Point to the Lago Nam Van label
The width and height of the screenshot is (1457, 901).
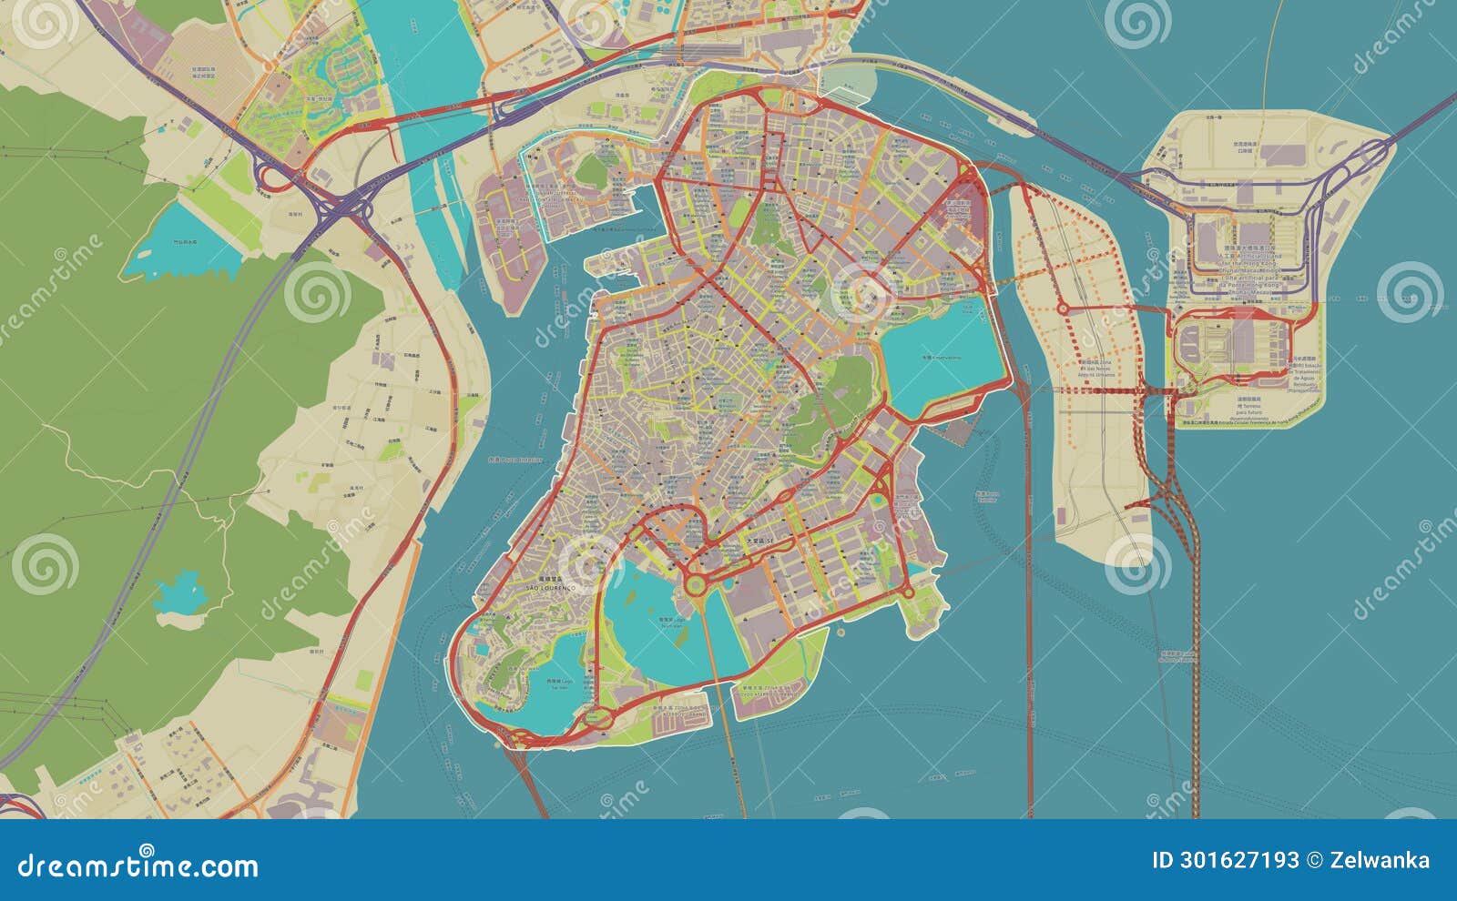pos(670,623)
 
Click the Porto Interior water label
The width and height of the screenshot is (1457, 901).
pos(515,460)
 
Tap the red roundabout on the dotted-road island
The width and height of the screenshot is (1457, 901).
pos(1063,309)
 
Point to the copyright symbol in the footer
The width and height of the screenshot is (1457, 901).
pos(1314,860)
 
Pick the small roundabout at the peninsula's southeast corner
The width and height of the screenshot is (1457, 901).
pos(908,592)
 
